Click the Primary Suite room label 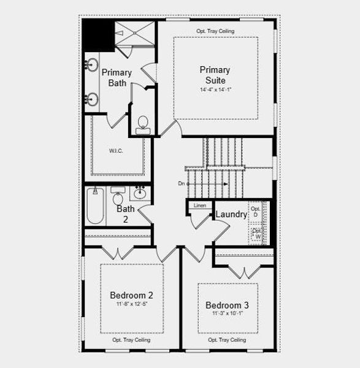pos(215,75)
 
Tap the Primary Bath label pos(117,77)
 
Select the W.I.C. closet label pos(117,151)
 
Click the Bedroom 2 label pos(131,295)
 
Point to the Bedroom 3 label pos(227,305)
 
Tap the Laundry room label pos(231,215)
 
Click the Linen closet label pos(200,205)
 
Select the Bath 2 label pos(125,213)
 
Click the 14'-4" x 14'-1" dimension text pos(215,90)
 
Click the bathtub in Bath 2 pos(95,207)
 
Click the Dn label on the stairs pos(182,183)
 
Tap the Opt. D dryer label pos(255,212)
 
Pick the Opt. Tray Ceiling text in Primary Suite pos(215,31)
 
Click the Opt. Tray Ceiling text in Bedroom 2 pos(131,339)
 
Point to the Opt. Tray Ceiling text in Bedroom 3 pos(227,339)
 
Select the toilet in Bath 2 pos(118,197)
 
